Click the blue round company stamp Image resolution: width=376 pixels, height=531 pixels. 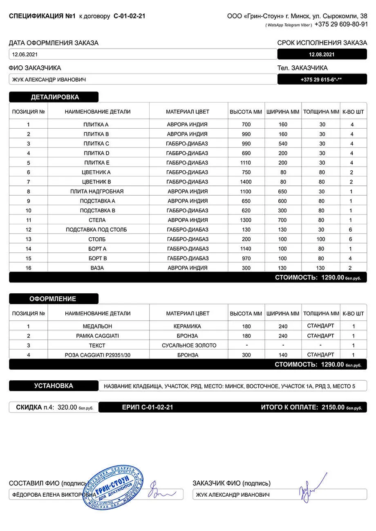(113, 487)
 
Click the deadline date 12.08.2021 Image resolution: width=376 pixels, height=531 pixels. (322, 54)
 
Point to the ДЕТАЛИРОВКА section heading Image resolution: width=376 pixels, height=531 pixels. (55, 97)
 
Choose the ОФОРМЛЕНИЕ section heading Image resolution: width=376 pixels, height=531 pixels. (53, 299)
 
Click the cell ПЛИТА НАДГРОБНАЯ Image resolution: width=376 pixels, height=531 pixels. (97, 191)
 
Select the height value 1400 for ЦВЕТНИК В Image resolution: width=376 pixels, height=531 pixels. (246, 182)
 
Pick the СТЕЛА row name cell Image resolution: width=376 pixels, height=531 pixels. (97, 220)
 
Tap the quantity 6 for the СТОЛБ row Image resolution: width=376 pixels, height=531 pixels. (351, 239)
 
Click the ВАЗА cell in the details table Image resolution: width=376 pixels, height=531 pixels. (97, 268)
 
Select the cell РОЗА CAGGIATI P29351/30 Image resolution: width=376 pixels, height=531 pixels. (98, 355)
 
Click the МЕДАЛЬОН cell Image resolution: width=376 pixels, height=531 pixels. (97, 326)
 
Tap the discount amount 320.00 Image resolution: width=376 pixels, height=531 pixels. (67, 407)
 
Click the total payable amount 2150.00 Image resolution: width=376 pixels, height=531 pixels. (333, 407)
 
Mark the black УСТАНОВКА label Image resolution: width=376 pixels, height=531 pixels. (54, 386)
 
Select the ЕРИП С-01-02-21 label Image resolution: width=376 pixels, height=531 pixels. (148, 407)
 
